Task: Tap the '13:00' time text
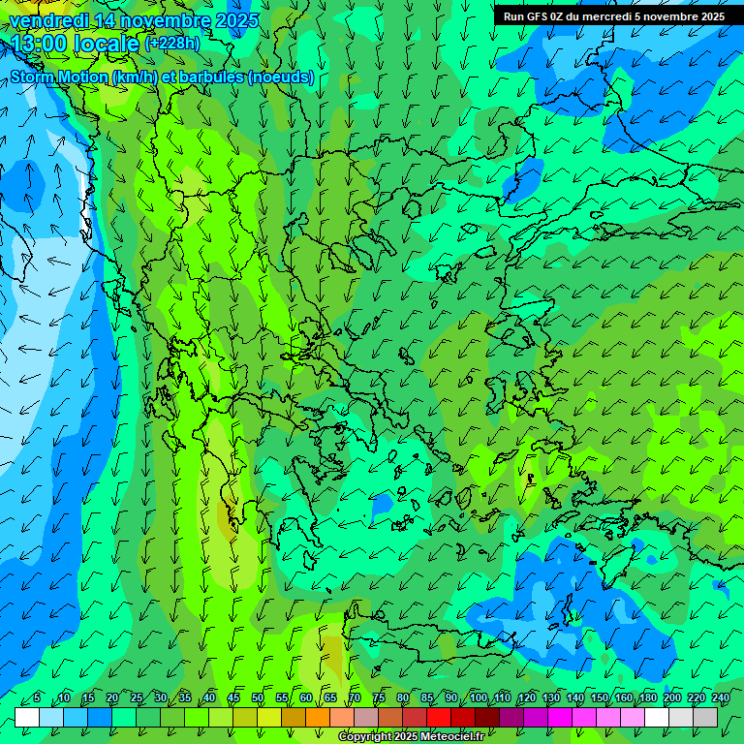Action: [40, 44]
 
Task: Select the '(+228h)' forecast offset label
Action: [171, 44]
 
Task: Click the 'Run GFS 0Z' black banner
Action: [613, 15]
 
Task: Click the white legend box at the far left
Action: [27, 717]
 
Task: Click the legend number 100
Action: [479, 698]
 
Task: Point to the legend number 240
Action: [720, 698]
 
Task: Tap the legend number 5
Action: [37, 698]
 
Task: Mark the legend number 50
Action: [258, 698]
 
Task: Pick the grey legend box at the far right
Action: [705, 717]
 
